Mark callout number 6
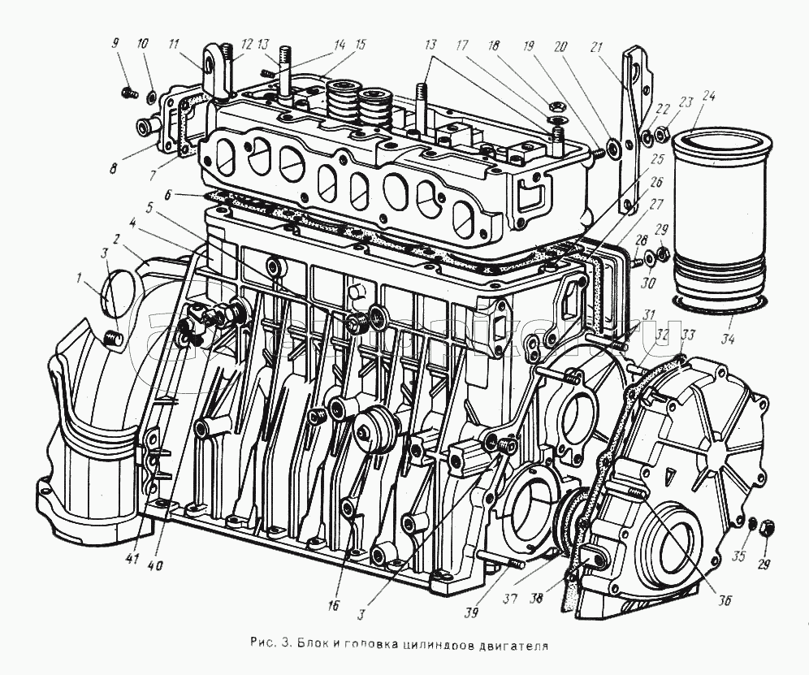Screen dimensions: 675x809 pyautogui.click(x=167, y=195)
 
